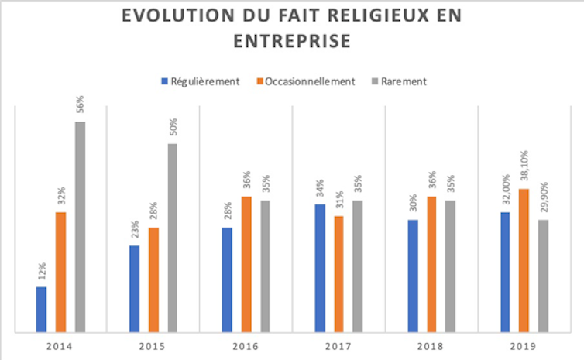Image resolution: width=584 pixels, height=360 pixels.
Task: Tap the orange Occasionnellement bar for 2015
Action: pyautogui.click(x=153, y=279)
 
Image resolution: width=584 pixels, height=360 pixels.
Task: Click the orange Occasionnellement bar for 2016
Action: pyautogui.click(x=246, y=264)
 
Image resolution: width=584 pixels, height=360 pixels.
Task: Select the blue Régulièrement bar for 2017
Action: pyautogui.click(x=320, y=268)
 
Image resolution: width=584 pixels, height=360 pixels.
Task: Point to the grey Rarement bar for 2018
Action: pyautogui.click(x=450, y=266)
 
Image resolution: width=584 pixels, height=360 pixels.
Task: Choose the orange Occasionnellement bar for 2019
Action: pyautogui.click(x=524, y=260)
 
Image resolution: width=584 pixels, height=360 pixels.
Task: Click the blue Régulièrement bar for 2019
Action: pyautogui.click(x=505, y=272)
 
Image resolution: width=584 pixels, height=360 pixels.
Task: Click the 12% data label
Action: pyautogui.click(x=42, y=272)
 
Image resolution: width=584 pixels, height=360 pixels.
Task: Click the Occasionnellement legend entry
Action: pyautogui.click(x=309, y=81)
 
